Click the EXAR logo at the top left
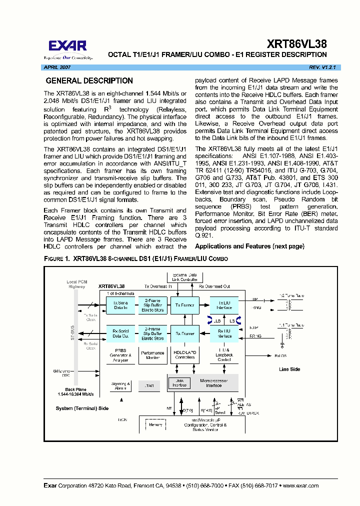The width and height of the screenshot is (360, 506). pos(67,48)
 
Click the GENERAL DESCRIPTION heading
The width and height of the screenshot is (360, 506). pos(89,81)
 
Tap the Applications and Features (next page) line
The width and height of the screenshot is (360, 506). pos(249,246)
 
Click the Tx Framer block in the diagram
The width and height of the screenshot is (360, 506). pos(184,305)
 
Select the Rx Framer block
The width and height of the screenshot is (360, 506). pos(184,333)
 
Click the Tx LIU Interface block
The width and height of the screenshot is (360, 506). pos(224,305)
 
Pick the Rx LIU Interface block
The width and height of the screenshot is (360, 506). pos(224,333)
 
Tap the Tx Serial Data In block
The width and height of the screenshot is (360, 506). pos(120,305)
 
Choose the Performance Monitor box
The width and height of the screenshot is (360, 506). pos(152,355)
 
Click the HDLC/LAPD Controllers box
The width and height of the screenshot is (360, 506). pos(184,355)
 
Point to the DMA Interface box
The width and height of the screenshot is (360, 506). pos(179,383)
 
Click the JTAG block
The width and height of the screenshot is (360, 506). pos(148,385)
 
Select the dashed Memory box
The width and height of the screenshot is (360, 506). pos(155,425)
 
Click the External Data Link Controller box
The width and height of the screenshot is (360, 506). pos(184,277)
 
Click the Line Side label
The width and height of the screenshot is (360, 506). pos(289,369)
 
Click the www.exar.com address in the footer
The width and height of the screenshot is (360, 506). pos(299,486)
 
